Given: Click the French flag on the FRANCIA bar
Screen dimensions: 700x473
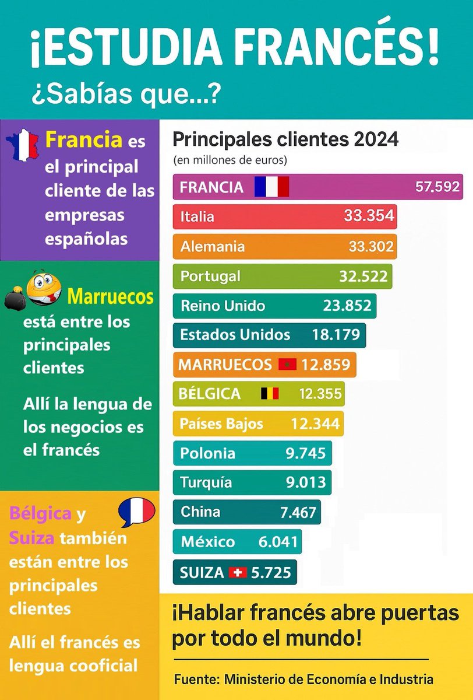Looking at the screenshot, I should tap(271, 187).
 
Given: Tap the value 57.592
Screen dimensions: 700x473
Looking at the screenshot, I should tap(437, 187).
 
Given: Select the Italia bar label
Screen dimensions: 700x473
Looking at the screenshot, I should tap(197, 217).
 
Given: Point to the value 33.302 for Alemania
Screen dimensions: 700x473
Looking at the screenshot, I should tap(371, 247).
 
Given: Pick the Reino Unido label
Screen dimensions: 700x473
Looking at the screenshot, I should tap(223, 306).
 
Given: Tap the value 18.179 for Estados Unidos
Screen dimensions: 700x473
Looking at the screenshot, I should tap(330, 335).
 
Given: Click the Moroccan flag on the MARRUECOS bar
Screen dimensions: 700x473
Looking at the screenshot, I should tap(288, 365).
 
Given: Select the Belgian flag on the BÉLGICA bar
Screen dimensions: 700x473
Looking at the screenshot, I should tap(270, 394).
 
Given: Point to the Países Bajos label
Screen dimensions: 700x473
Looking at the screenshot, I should tap(222, 423).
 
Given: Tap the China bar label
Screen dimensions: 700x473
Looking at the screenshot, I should tap(200, 512).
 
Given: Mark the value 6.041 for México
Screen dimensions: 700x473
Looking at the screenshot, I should tap(278, 542).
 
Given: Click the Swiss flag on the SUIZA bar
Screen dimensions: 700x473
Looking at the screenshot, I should tap(237, 572).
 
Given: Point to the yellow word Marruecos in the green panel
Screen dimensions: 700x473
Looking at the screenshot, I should tap(110, 297).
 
